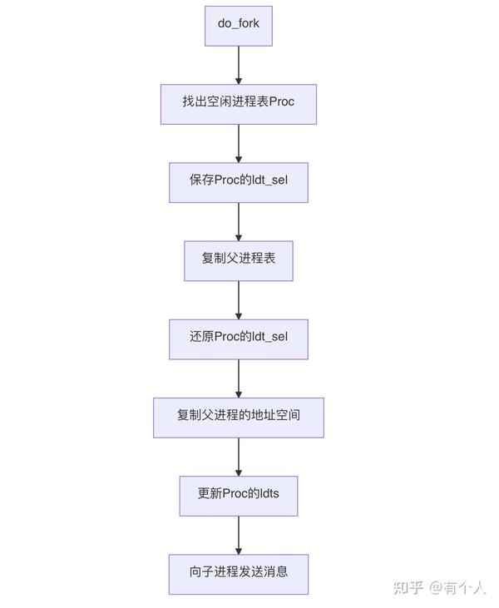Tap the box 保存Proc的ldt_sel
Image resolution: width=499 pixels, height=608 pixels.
(x=239, y=182)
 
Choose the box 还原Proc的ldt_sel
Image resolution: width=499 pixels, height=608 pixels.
(x=239, y=339)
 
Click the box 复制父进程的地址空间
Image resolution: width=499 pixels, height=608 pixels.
(x=239, y=417)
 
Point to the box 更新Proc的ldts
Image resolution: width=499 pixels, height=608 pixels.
(x=239, y=495)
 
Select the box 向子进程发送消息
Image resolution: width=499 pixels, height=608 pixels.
(x=239, y=574)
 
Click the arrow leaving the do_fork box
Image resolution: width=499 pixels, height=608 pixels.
(x=239, y=65)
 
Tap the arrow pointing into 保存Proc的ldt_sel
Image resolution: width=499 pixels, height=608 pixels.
(x=239, y=143)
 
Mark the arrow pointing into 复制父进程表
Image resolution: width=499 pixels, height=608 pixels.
(x=239, y=221)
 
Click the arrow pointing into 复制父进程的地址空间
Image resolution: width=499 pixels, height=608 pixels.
(x=239, y=378)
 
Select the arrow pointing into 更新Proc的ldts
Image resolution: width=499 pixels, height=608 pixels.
(x=239, y=456)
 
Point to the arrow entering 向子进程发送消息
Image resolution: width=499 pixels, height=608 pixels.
(x=239, y=534)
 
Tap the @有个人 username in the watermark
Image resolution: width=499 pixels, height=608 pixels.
(x=457, y=588)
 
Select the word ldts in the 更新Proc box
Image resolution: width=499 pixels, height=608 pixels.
(x=268, y=495)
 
